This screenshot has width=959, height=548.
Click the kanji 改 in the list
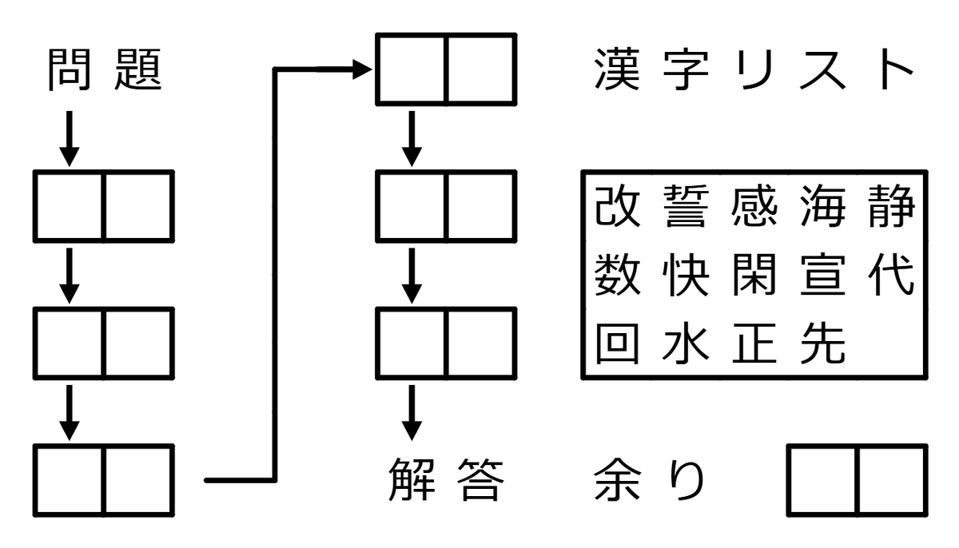[617, 208]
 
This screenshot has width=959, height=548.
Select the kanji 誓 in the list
[686, 208]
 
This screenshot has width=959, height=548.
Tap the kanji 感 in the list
[753, 208]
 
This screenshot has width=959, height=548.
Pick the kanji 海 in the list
[821, 208]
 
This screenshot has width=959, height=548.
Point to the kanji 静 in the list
[889, 208]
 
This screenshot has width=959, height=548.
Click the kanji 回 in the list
[617, 344]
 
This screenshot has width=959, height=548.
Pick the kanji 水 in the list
[686, 344]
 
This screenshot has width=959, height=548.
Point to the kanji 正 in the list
[753, 344]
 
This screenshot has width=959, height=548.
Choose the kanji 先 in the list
[821, 344]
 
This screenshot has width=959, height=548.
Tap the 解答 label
[446, 480]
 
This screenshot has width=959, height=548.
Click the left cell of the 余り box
[822, 480]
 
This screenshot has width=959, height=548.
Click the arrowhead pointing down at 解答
[412, 429]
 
